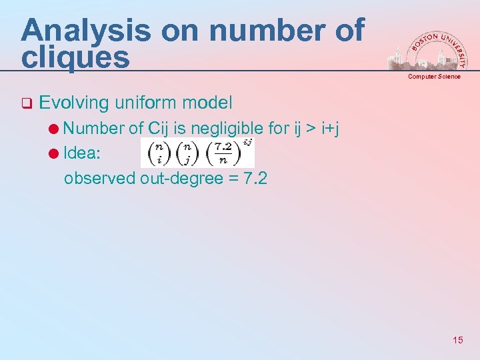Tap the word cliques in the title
click(x=75, y=57)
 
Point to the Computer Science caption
click(x=434, y=77)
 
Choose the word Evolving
click(x=74, y=103)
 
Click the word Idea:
click(x=82, y=153)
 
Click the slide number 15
click(x=457, y=340)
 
